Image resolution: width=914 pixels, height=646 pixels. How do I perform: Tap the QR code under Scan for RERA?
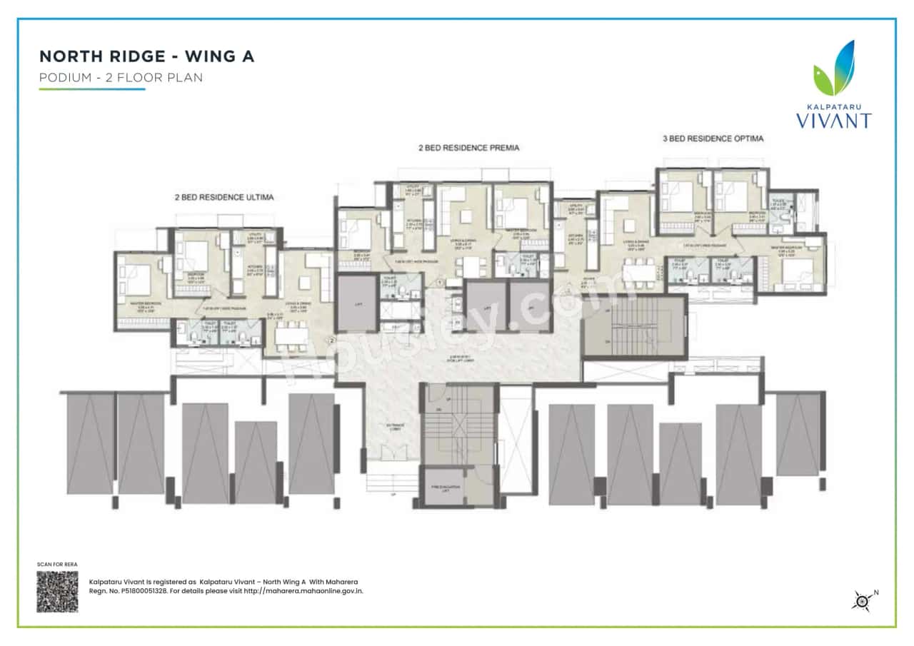57,591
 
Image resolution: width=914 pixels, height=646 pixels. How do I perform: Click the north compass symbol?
863,601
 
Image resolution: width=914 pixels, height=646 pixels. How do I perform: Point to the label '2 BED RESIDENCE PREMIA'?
468,148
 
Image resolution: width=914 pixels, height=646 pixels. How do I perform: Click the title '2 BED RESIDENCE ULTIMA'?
225,196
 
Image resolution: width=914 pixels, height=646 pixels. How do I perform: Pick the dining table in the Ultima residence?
290,335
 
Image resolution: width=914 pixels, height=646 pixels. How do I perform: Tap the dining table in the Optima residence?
639,273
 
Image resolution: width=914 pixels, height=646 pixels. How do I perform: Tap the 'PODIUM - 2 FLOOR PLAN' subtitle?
121,78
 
